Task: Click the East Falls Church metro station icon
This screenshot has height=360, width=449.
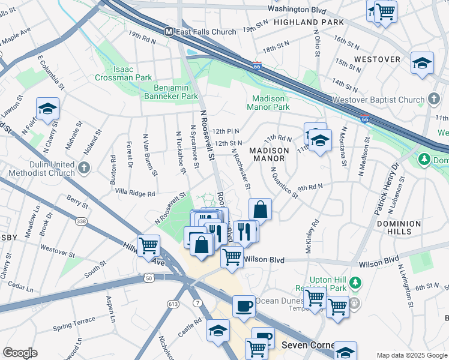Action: (169, 31)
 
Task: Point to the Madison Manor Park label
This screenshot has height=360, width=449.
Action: (271, 103)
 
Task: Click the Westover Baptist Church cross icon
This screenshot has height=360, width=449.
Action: (434, 99)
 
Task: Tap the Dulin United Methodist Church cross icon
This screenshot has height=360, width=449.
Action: (83, 167)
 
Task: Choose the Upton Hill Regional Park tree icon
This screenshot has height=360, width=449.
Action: (355, 282)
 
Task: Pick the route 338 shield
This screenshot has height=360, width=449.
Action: (81, 221)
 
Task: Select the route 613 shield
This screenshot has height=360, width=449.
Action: (173, 304)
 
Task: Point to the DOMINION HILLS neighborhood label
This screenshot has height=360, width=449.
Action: (399, 228)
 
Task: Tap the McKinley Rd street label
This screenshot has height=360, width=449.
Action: (312, 236)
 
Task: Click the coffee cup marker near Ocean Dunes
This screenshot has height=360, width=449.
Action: (243, 306)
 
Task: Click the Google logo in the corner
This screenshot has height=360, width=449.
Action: (20, 353)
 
